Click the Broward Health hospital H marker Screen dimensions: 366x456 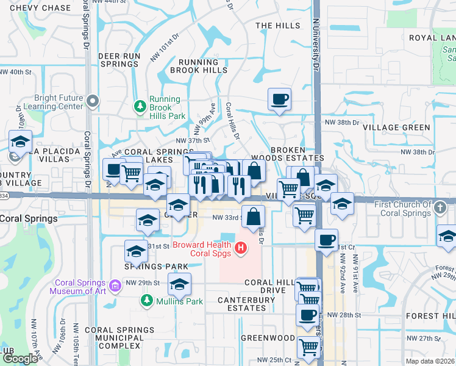point(241,248)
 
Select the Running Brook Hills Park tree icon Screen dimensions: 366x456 point(141,106)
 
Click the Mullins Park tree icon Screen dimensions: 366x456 point(147,300)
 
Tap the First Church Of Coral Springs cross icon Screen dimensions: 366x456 point(439,208)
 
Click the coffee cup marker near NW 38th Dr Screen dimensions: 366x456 point(279,99)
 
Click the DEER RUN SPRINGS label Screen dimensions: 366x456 point(119,60)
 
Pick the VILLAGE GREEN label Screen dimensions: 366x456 point(396,127)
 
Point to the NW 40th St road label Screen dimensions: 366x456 point(15,72)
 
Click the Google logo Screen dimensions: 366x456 point(20,359)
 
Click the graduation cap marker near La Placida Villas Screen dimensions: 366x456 point(20,142)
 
